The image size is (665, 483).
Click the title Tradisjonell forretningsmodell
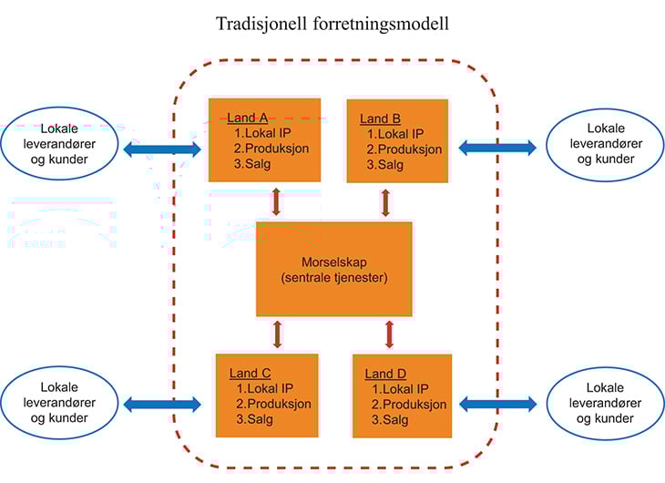pyautogui.click(x=332, y=24)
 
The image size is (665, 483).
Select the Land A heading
pyautogui.click(x=248, y=118)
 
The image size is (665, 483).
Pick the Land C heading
pyautogui.click(x=250, y=372)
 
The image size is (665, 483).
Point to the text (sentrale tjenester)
pyautogui.click(x=333, y=277)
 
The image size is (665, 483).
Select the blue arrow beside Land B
pyautogui.click(x=496, y=147)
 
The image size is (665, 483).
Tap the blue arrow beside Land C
pyautogui.click(x=161, y=403)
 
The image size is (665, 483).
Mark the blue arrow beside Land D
pyautogui.click(x=498, y=403)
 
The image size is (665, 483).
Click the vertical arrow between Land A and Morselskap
pyautogui.click(x=276, y=201)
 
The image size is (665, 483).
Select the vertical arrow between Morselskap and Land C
pyautogui.click(x=277, y=334)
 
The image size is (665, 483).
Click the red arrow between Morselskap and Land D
pyautogui.click(x=390, y=334)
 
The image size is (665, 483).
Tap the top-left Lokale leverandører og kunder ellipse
pyautogui.click(x=60, y=145)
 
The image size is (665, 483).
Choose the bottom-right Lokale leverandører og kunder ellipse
pyautogui.click(x=605, y=403)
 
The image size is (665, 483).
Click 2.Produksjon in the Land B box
pyautogui.click(x=404, y=149)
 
